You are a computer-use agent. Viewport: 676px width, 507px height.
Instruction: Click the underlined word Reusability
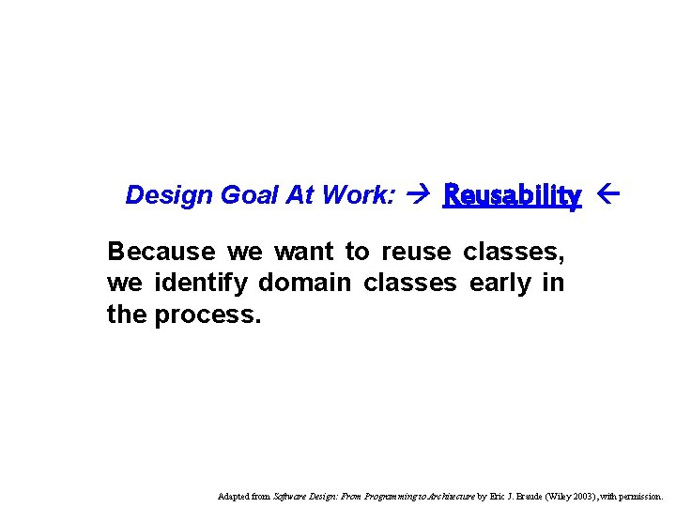513,195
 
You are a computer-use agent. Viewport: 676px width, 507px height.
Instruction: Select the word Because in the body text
161,252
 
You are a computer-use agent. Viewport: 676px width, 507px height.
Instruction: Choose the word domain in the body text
296,283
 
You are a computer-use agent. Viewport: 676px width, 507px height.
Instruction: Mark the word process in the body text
204,314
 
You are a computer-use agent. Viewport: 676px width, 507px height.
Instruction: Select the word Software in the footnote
287,496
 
